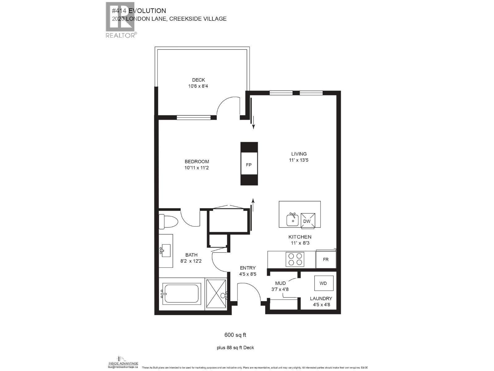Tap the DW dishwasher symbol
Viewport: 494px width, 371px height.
(x=308, y=221)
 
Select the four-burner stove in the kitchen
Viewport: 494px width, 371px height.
(x=295, y=259)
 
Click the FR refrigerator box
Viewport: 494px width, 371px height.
(x=326, y=259)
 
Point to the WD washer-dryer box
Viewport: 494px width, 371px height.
(x=324, y=283)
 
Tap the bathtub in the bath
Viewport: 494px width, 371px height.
(x=181, y=293)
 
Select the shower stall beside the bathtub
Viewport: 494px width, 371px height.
(x=216, y=294)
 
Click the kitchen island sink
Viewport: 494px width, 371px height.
(x=292, y=220)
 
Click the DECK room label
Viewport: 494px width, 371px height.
(x=198, y=80)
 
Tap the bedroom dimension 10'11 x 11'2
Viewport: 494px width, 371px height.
(x=197, y=168)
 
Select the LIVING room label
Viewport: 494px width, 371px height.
(x=299, y=154)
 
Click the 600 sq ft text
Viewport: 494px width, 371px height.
(x=235, y=335)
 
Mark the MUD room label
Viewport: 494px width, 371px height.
(x=280, y=283)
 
